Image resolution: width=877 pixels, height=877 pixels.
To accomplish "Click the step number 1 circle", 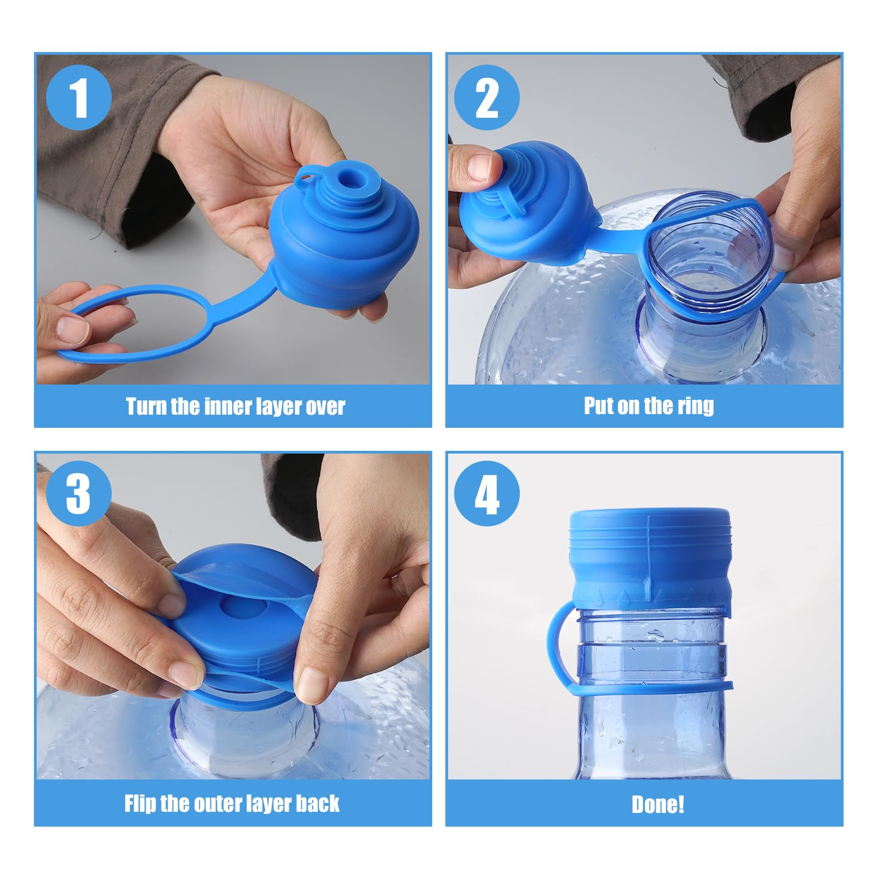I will point(79,98).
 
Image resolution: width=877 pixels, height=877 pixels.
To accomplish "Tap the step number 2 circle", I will point(486,98).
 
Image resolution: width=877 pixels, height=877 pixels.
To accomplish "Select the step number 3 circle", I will point(79,494).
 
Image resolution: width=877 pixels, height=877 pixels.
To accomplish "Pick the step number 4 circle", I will point(486,494).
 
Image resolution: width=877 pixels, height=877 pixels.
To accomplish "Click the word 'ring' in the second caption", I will point(697,406).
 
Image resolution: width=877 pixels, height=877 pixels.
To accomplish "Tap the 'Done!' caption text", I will point(657,805).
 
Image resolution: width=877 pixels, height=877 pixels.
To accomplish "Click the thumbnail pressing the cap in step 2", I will point(480,167).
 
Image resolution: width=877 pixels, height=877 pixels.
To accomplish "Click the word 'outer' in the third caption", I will point(218,804).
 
